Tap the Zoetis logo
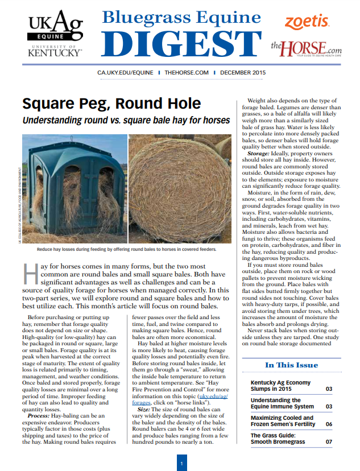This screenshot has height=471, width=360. (307, 22)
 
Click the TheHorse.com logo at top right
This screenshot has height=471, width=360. (307, 47)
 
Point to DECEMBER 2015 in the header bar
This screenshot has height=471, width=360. (243, 73)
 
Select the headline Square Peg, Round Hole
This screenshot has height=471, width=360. (111, 104)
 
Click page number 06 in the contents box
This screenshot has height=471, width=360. (329, 424)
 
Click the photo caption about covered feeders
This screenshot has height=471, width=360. (127, 250)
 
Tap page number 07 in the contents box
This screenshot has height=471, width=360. (329, 441)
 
